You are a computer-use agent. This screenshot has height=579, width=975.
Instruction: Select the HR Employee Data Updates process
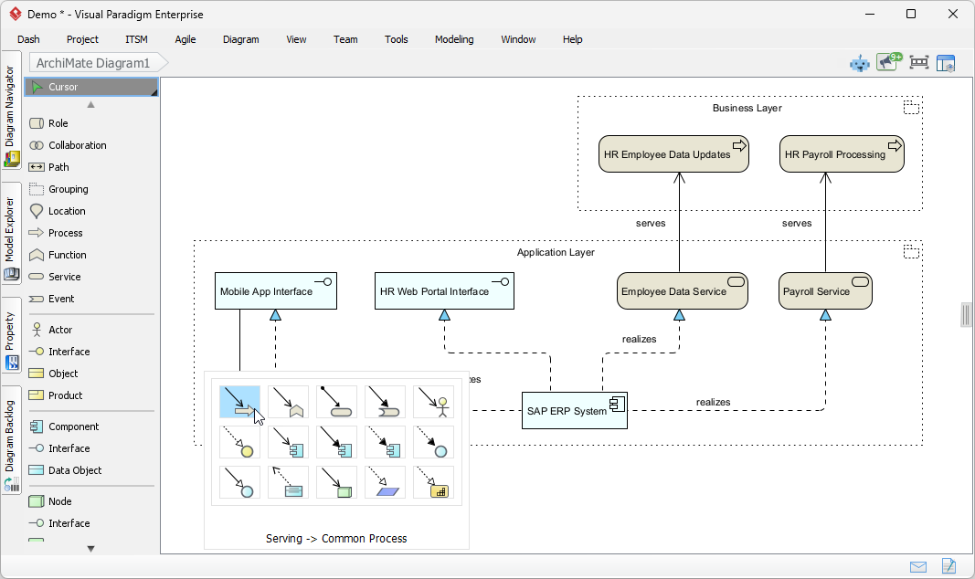tap(673, 154)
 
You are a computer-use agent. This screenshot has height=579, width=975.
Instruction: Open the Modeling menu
tap(454, 39)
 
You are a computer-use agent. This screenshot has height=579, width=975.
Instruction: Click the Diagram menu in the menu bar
tap(240, 39)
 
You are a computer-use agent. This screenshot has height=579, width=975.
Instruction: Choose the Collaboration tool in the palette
tap(77, 145)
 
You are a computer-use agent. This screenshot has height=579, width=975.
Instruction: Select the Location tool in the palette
tap(67, 211)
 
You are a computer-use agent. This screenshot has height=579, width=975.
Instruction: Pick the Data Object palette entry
tap(75, 470)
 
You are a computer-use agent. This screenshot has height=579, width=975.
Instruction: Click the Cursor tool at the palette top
tap(64, 87)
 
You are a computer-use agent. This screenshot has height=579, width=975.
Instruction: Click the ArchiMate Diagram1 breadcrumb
tap(92, 63)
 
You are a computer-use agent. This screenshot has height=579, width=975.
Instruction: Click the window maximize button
tap(910, 14)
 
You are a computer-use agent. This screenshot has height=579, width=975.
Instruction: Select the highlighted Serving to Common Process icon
tap(239, 402)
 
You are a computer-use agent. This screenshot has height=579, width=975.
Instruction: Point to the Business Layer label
tap(747, 108)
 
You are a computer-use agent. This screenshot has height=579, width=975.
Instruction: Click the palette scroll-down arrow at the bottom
tap(90, 548)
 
